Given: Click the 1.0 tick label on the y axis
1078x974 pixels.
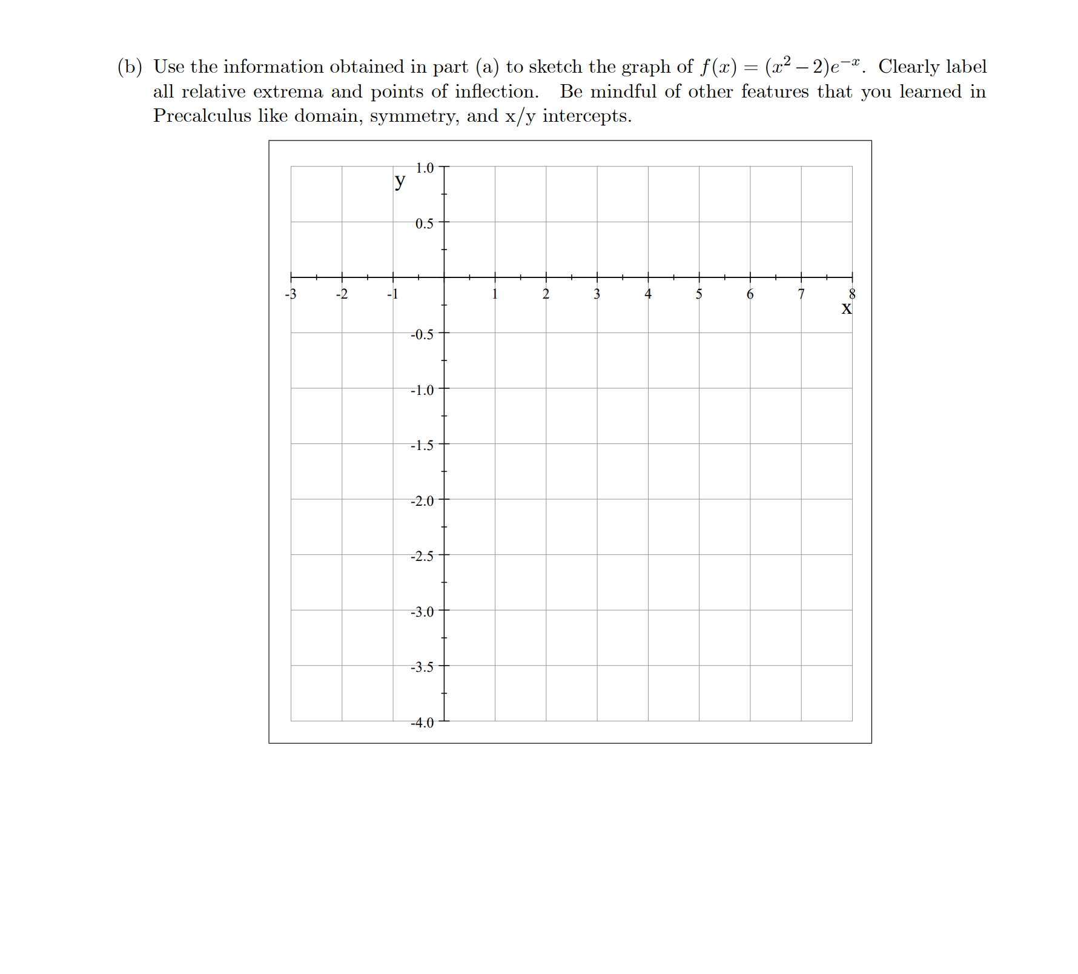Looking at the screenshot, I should (425, 168).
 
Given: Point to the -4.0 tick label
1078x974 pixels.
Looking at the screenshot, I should (422, 723).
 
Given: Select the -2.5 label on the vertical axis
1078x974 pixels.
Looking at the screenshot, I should (422, 556).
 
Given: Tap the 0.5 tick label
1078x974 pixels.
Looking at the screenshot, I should (425, 224).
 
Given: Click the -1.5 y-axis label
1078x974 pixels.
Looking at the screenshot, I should (422, 445).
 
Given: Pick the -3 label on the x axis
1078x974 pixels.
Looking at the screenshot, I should (291, 294).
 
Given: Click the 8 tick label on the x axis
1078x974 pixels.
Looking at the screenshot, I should (852, 294).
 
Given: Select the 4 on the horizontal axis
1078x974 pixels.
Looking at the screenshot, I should (648, 294).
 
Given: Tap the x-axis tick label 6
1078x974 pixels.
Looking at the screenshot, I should (750, 294).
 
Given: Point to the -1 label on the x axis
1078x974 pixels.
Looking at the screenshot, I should (392, 294).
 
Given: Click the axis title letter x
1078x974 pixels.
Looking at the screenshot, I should (847, 308).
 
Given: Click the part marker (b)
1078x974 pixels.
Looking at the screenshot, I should (130, 67).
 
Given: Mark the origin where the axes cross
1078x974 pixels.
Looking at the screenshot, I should (444, 277).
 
